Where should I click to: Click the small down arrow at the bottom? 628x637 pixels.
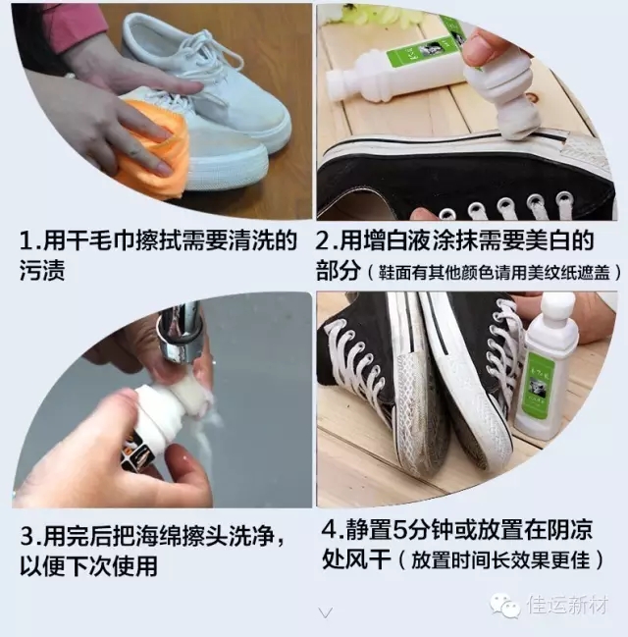326,611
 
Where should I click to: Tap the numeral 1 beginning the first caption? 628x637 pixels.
26,240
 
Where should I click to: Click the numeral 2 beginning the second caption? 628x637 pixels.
323,240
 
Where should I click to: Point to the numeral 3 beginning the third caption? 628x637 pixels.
27,536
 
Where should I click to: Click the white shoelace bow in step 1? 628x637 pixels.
202,65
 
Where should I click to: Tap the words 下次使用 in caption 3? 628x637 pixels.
111,566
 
